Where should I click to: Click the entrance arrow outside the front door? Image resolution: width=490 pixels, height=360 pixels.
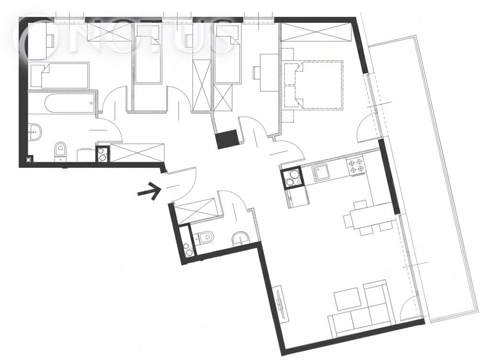point(148,191)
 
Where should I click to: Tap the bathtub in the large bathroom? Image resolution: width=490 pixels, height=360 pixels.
point(69,104)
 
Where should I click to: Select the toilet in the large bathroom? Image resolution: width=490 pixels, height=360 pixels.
point(60,151)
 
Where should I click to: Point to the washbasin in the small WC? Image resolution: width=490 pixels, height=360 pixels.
point(240,239)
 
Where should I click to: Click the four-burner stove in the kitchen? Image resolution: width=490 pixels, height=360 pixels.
point(356,165)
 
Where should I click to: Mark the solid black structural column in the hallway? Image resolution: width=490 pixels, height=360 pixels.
point(227,139)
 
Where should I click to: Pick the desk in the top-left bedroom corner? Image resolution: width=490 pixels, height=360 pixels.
point(37,40)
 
